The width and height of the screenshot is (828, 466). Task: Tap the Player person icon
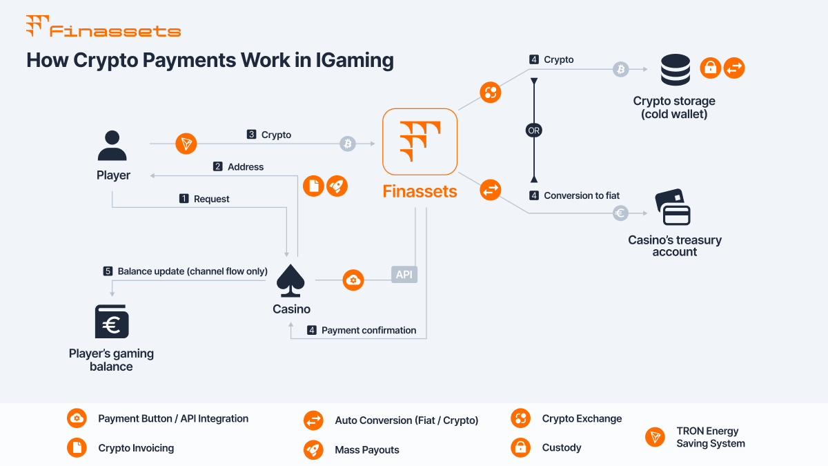pos(112,146)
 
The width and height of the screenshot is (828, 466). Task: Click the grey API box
pos(404,275)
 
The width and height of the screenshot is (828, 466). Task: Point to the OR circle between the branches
pos(533,130)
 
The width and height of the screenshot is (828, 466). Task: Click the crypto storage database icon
pos(675,70)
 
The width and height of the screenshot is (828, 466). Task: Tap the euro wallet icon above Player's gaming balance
pos(112,322)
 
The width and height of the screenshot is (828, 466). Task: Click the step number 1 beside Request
pos(184,199)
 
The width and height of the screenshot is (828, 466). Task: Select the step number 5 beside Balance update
pos(108,271)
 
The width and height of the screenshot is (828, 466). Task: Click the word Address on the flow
pos(246,166)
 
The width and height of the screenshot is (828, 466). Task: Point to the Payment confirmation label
pos(368,330)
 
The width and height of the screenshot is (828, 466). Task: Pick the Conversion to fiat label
pos(582,195)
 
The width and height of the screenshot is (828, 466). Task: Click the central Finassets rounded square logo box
pos(420,142)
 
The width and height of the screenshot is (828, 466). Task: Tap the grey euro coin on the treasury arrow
pos(620,213)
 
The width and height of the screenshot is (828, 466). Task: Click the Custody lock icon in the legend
pos(520,447)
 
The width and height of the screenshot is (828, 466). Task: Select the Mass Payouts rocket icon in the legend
pos(313,449)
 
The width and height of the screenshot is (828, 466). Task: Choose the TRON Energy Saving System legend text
pos(711,437)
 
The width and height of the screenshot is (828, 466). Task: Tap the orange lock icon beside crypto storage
pos(710,68)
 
